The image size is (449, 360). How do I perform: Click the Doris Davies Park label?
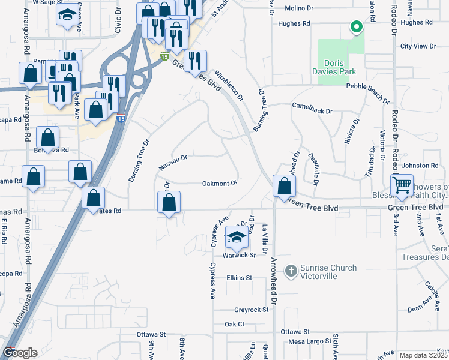click(340, 67)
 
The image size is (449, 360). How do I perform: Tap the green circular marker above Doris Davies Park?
click(356, 26)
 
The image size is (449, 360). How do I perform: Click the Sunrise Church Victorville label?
click(329, 272)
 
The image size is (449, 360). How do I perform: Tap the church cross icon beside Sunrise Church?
click(291, 272)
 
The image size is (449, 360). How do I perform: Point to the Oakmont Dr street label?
click(220, 183)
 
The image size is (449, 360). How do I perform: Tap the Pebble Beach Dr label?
click(372, 86)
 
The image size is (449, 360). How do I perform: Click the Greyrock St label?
click(249, 310)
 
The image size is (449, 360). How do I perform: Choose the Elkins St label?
click(239, 278)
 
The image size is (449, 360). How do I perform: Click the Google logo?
click(20, 353)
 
